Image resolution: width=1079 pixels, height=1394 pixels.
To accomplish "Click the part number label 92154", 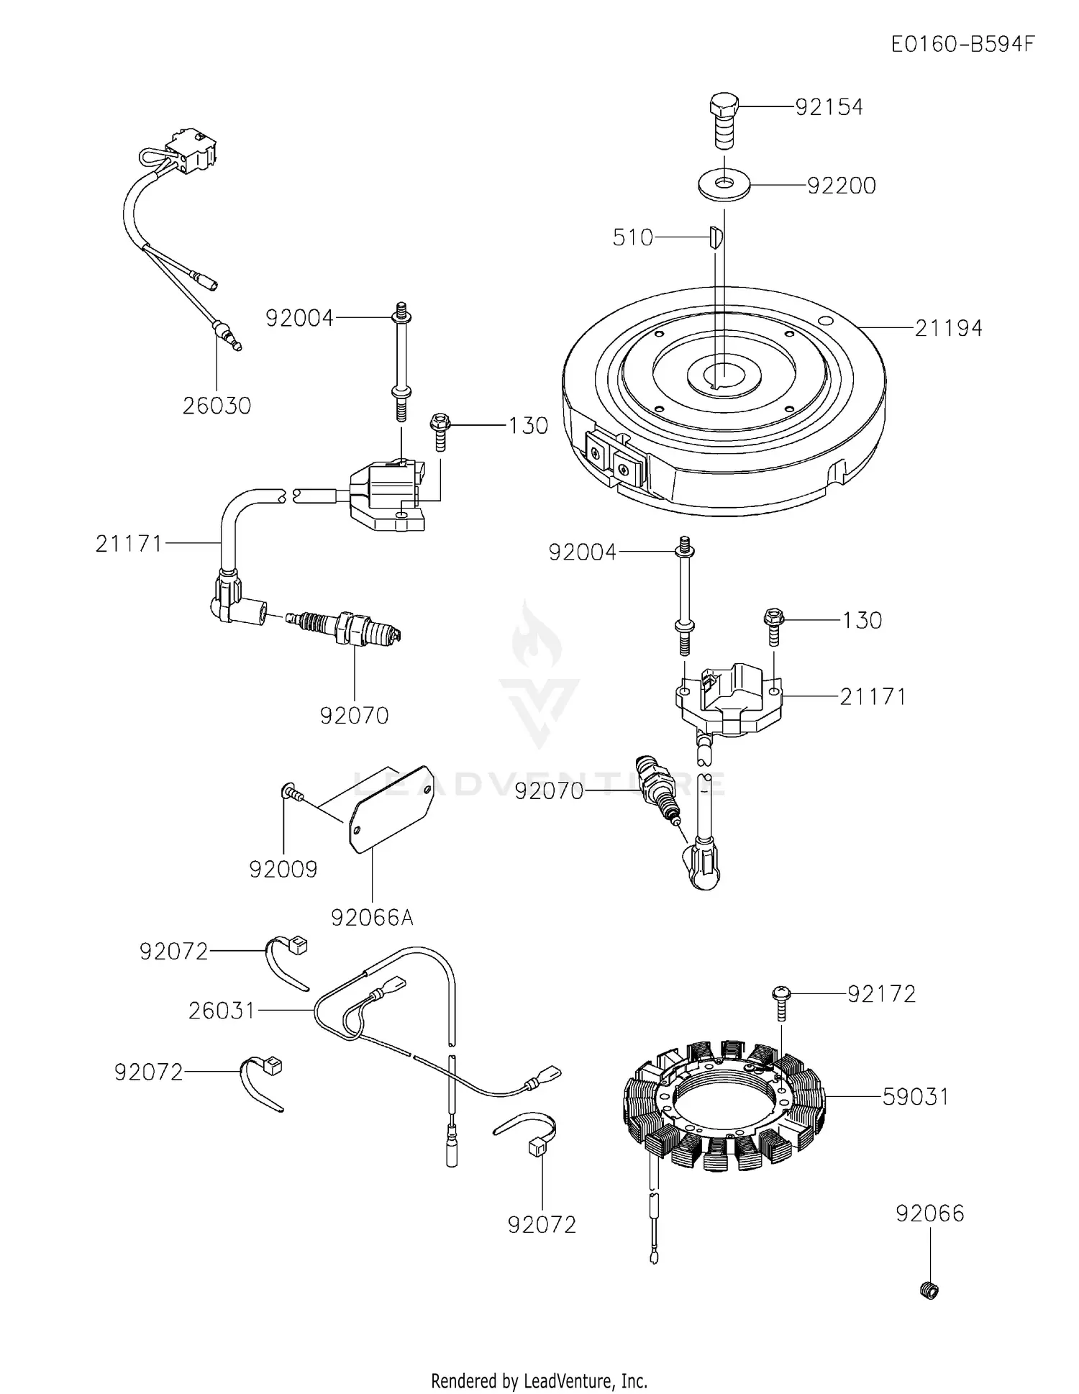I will (829, 107).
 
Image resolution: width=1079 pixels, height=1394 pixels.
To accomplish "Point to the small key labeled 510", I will (713, 238).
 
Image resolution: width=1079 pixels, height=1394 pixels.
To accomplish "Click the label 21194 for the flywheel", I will (948, 329).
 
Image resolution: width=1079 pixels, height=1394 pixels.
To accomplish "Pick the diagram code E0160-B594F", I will (962, 45).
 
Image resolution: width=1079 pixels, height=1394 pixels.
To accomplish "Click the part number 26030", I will (217, 406).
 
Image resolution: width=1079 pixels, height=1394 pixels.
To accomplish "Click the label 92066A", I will (372, 918).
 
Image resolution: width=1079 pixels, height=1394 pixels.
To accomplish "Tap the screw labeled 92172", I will (780, 1000).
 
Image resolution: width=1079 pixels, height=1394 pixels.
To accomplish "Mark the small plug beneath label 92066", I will (929, 1290).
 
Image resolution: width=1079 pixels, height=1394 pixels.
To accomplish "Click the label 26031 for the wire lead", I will (222, 1011).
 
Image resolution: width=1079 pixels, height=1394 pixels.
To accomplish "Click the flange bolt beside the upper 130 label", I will (439, 429).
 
